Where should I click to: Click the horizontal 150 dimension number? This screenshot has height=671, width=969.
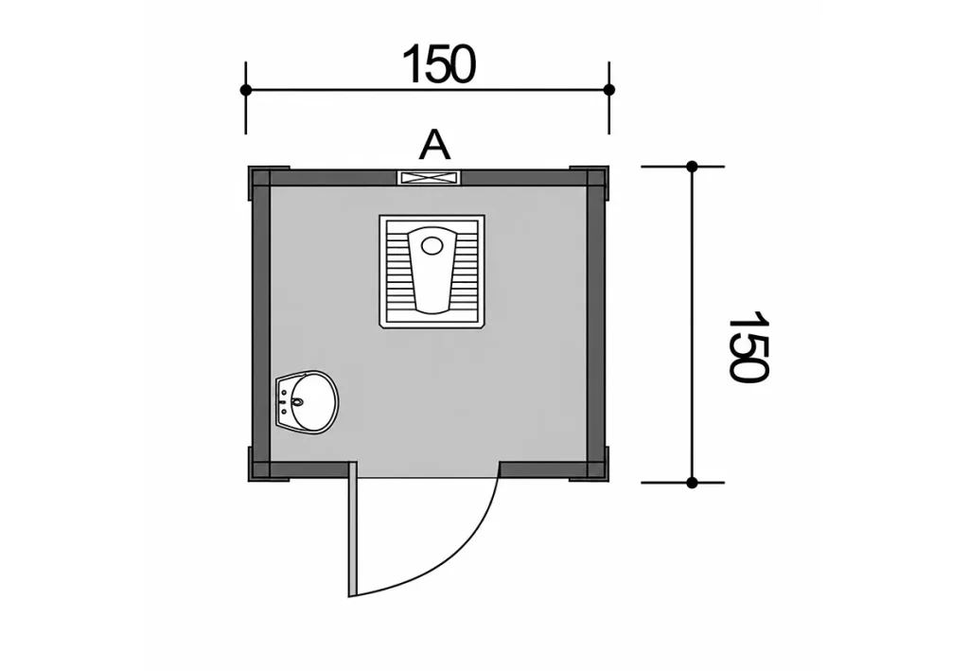click(x=439, y=64)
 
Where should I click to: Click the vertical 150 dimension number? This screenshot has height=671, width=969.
click(x=749, y=347)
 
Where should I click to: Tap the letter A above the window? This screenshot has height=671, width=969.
click(x=434, y=147)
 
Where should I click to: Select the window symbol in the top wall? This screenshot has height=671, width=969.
click(x=429, y=178)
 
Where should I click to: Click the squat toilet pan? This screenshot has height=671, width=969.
click(x=432, y=272)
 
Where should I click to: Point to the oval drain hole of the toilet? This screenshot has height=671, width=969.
click(x=432, y=245)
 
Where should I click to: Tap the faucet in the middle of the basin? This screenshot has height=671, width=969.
click(x=297, y=402)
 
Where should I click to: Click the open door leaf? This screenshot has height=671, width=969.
click(x=352, y=529)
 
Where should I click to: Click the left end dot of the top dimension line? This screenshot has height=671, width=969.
click(x=246, y=90)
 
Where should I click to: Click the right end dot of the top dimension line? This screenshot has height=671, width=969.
click(x=608, y=90)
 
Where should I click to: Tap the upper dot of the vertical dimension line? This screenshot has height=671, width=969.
click(x=692, y=167)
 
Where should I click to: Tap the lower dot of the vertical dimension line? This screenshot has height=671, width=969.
click(x=692, y=483)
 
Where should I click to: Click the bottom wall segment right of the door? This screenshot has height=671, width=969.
click(x=542, y=470)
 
